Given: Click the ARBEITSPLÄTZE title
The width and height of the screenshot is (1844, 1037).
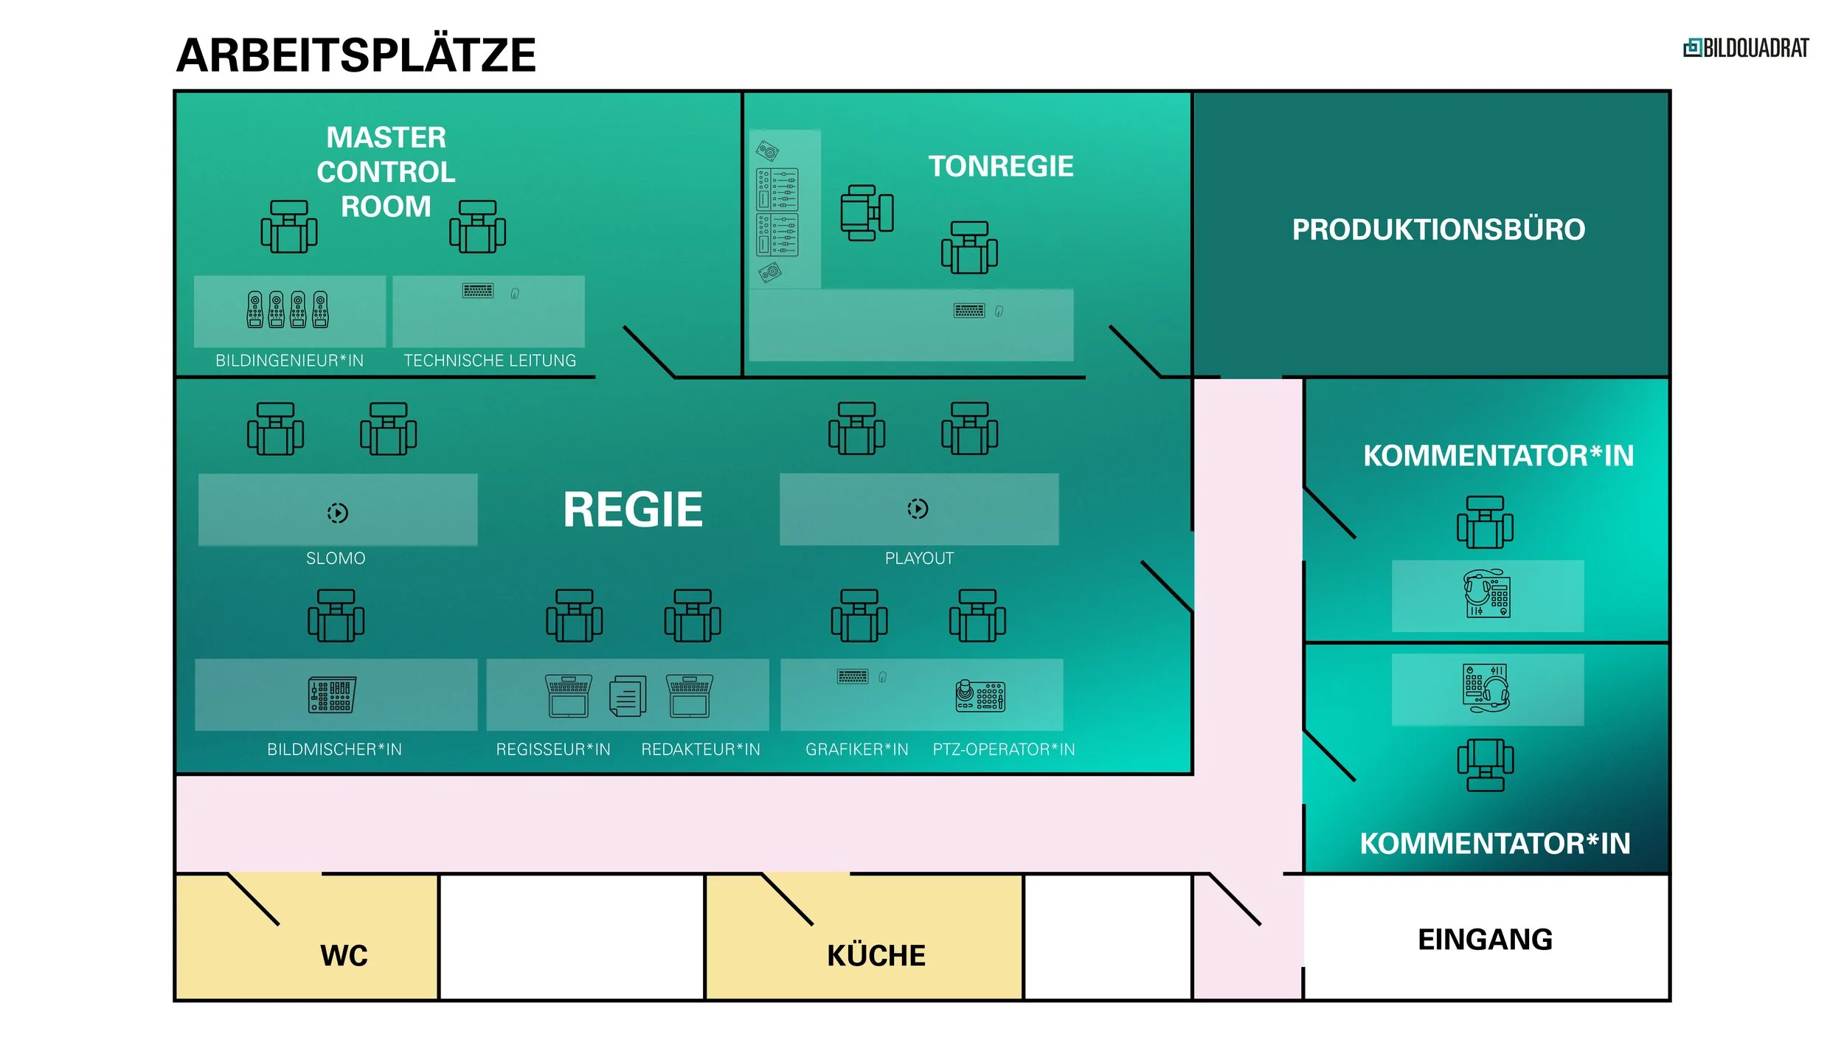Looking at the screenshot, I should (356, 55).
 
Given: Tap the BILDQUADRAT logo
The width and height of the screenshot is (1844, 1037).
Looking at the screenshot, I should (1745, 49).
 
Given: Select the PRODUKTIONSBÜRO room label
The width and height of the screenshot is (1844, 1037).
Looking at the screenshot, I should (1438, 229).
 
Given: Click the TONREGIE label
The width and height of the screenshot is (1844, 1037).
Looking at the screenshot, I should (1000, 167).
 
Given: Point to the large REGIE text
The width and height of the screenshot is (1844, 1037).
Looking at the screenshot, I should (632, 510).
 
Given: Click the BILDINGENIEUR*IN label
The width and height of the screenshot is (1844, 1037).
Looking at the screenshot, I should (289, 361).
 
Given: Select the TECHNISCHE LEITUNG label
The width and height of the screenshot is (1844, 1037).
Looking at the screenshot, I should (490, 361).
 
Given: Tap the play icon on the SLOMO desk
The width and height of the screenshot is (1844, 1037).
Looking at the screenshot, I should (338, 513).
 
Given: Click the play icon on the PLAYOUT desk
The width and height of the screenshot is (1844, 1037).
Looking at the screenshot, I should (918, 508).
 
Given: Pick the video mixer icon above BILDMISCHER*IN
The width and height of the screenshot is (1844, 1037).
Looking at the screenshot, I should (332, 695).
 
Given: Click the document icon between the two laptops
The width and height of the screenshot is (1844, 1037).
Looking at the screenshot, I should (628, 696).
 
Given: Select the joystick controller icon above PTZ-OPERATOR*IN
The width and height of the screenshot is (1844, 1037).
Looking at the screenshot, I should (980, 696).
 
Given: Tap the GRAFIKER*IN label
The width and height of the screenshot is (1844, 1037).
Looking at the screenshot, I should (856, 749).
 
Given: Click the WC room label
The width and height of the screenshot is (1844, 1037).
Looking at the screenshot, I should (344, 955).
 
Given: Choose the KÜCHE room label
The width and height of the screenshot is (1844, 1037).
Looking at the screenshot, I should (876, 955).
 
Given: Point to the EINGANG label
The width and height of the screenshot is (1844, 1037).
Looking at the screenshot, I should (1484, 940).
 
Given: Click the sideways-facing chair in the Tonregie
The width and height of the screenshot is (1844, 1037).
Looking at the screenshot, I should (867, 212).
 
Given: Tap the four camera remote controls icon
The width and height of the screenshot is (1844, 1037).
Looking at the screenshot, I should (288, 309).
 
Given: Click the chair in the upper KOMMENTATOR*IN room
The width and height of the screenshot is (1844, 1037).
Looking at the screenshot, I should (1484, 522).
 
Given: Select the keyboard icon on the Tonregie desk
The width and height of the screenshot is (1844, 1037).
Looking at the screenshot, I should (968, 311).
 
